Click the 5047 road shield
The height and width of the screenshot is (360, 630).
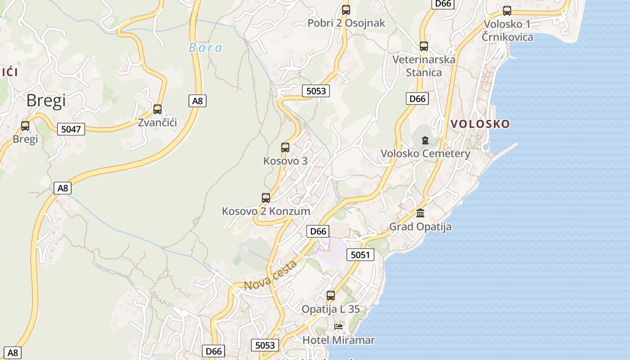tap(71, 130)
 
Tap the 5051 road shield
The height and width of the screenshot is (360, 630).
tap(360, 255)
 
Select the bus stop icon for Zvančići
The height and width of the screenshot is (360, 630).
tap(157, 109)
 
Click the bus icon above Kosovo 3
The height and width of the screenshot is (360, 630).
tap(285, 147)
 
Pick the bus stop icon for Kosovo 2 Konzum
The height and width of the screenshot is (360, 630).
tap(266, 198)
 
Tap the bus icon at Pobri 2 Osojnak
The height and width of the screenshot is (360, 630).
tap(346, 9)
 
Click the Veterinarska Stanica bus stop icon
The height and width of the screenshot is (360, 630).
tap(424, 46)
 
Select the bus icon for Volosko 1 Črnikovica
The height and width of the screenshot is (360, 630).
tap(507, 11)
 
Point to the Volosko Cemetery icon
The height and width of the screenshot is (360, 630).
tap(425, 140)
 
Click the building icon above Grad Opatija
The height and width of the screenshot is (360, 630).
tap(420, 213)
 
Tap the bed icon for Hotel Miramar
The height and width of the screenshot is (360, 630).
tap(338, 326)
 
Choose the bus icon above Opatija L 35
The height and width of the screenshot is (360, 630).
tap(331, 296)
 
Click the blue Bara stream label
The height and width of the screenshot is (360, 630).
tap(206, 48)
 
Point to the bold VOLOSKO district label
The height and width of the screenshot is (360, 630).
tap(480, 124)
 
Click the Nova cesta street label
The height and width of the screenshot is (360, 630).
tap(270, 275)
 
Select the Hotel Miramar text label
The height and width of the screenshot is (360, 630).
tap(338, 340)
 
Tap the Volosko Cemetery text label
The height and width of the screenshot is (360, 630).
tap(425, 153)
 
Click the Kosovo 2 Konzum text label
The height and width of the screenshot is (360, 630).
tap(266, 211)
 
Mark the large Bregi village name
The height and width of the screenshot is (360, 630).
tap(46, 100)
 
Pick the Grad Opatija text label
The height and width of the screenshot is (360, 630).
tap(420, 226)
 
